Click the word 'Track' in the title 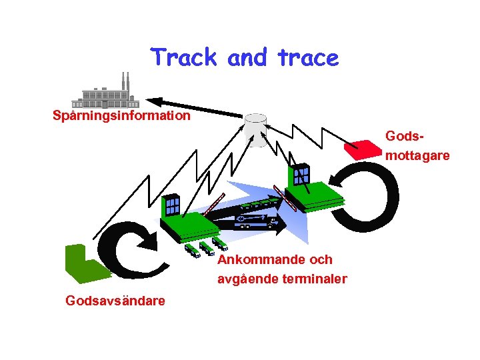[x=184, y=58]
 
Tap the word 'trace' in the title [x=309, y=58]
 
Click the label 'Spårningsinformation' [x=121, y=115]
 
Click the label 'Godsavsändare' [x=115, y=301]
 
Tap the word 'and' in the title [x=247, y=58]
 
